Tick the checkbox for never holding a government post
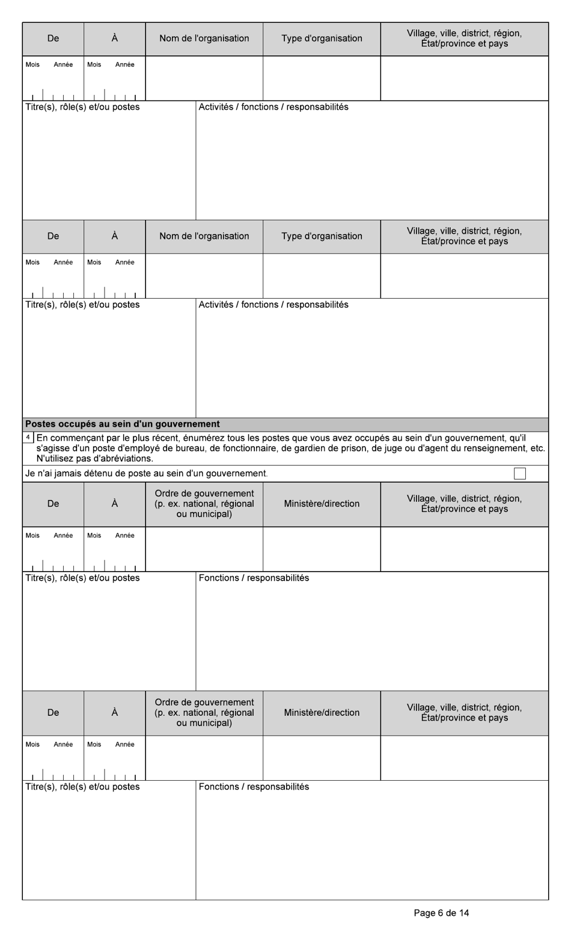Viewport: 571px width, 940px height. click(x=520, y=474)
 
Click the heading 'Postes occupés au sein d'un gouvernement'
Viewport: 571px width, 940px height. click(x=123, y=424)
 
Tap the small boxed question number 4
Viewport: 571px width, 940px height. click(x=28, y=438)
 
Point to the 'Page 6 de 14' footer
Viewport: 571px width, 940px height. click(x=441, y=913)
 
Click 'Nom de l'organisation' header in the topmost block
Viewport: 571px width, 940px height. click(x=204, y=38)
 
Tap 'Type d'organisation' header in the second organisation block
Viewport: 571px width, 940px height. click(x=322, y=236)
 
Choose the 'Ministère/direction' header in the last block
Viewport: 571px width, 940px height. click(x=322, y=713)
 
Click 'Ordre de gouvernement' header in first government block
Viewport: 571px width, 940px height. click(x=204, y=493)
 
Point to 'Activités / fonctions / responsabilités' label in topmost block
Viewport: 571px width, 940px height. click(x=273, y=107)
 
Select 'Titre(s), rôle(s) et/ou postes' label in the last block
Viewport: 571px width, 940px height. click(x=82, y=787)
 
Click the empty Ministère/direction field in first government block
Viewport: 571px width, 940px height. click(x=322, y=549)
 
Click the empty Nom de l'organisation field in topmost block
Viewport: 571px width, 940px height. click(x=204, y=78)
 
